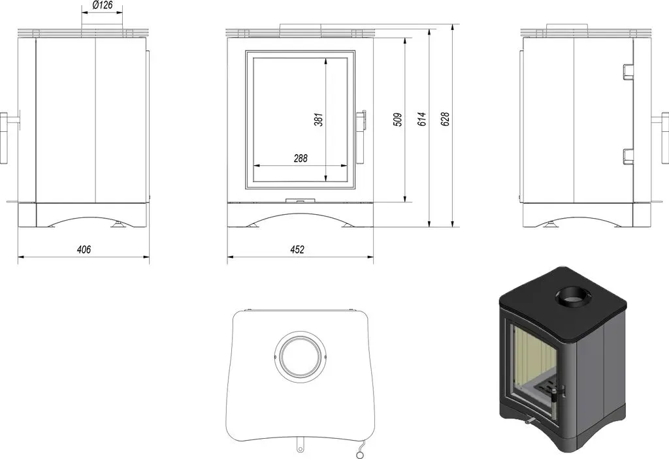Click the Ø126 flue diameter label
tap(103, 5)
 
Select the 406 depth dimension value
tap(84, 249)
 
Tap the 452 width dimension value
tap(297, 249)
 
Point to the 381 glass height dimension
tap(318, 119)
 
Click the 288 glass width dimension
tap(301, 158)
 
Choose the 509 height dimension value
tap(397, 119)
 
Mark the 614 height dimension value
tap(421, 119)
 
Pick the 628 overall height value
tap(445, 119)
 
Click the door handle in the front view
tap(361, 120)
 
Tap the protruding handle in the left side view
tap(4, 138)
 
